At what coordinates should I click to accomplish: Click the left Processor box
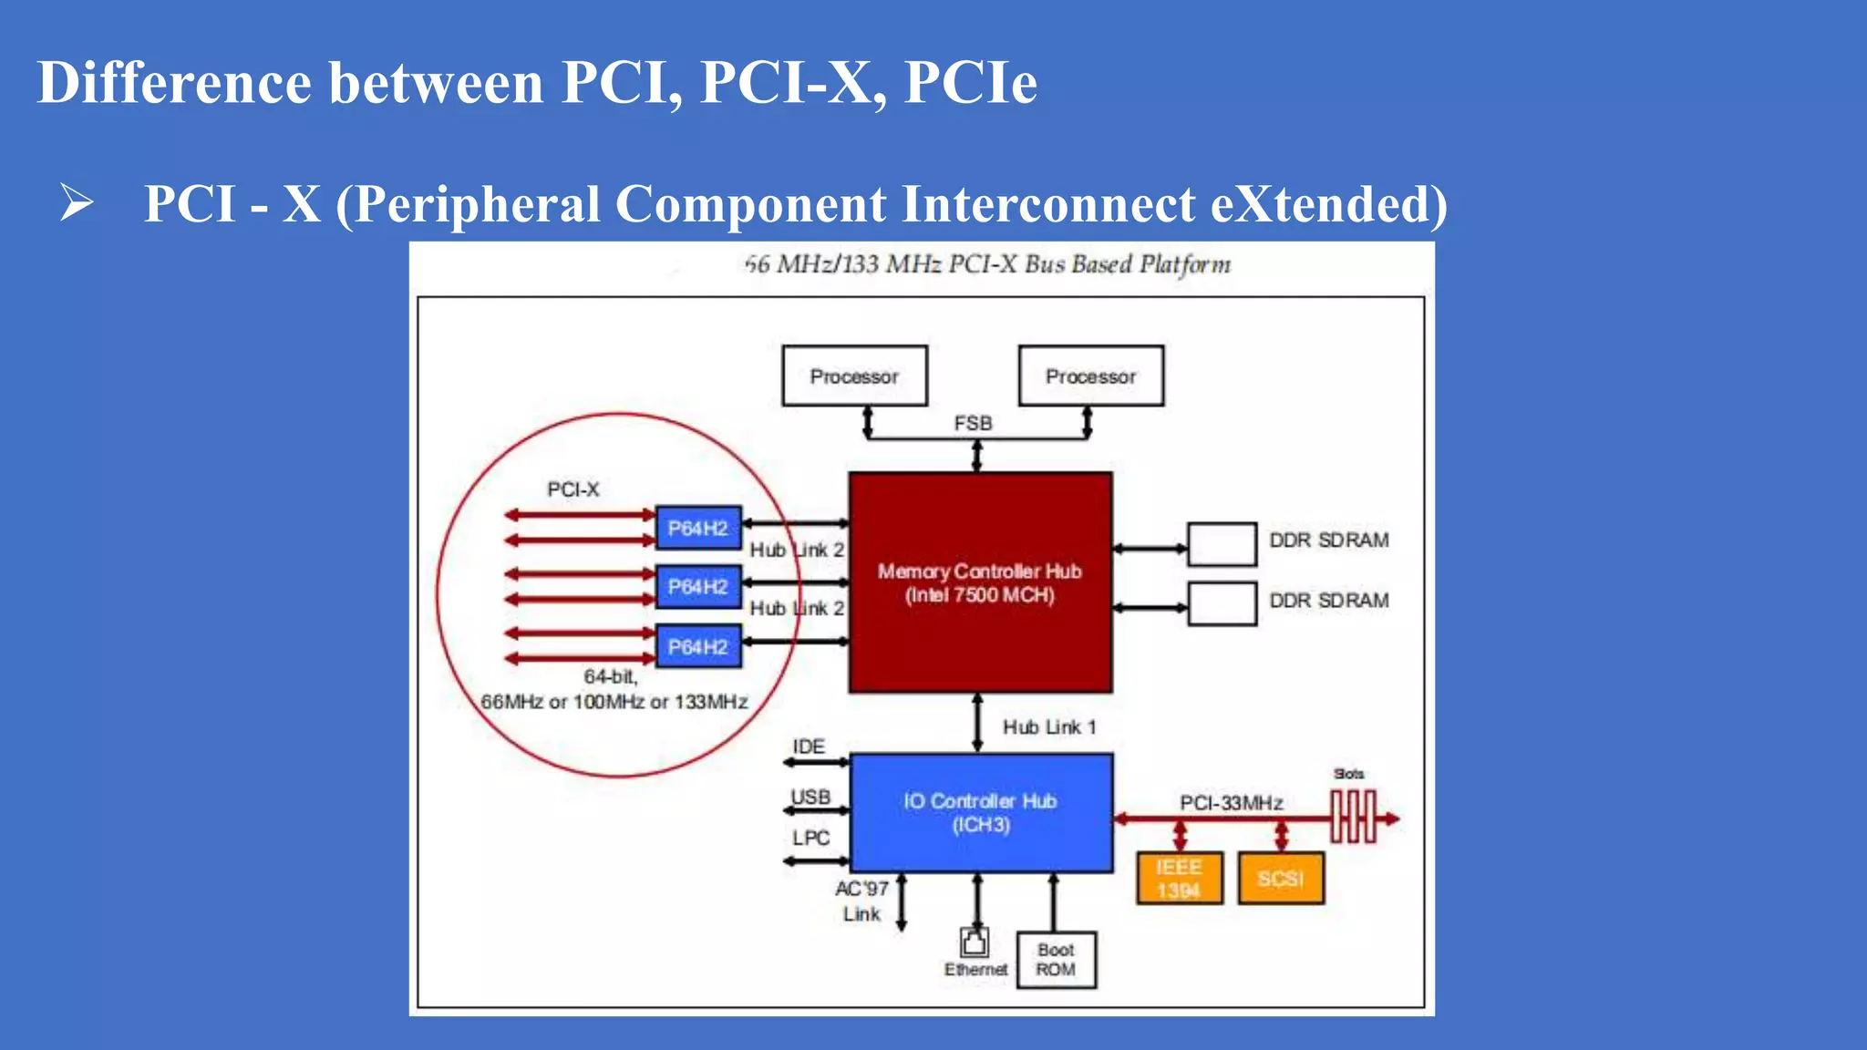854,376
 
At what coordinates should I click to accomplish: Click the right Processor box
1090,376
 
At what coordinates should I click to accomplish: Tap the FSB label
973,424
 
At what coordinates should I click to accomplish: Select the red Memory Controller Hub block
980,582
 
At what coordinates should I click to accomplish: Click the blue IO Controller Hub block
981,812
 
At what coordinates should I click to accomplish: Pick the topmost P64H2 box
698,528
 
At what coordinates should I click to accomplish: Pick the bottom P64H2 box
698,646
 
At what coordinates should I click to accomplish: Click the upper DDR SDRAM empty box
1222,544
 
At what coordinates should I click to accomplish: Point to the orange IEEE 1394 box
1179,879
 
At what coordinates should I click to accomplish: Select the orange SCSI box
1280,879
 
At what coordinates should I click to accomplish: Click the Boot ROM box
1056,960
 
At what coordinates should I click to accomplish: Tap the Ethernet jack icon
974,942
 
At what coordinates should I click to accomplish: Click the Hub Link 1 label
1048,727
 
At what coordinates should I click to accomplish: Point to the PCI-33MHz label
1231,803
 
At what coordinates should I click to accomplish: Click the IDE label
809,746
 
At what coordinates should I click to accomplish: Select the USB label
810,798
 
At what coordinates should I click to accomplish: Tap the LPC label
810,838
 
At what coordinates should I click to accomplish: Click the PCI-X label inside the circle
572,489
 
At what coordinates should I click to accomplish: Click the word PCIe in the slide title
970,82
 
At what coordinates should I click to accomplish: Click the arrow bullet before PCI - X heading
77,202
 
